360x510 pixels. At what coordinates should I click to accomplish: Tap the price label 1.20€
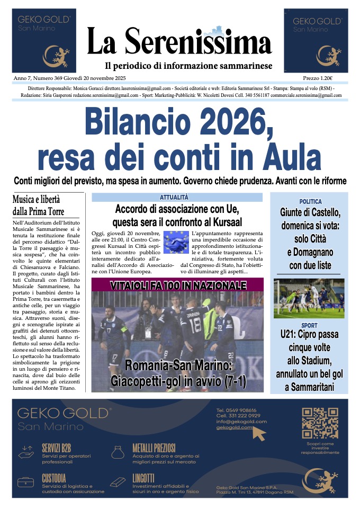[333, 77]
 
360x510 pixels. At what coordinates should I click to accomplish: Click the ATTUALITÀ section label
[177, 197]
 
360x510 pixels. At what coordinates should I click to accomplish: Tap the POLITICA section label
[310, 202]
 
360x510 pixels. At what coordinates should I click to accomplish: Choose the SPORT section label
[310, 325]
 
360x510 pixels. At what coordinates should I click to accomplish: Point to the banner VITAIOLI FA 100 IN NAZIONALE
[178, 286]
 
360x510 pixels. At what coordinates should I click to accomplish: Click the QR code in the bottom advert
[320, 422]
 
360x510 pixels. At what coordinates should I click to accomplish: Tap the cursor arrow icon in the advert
[259, 433]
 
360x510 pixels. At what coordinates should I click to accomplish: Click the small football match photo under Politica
[309, 298]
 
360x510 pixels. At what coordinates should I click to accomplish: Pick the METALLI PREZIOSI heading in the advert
[154, 448]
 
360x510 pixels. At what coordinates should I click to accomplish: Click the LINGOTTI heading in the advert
[143, 477]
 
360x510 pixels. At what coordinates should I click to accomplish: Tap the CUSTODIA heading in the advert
[54, 478]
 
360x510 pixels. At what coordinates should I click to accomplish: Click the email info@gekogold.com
[241, 422]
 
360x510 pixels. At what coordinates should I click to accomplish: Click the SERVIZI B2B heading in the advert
[58, 448]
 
